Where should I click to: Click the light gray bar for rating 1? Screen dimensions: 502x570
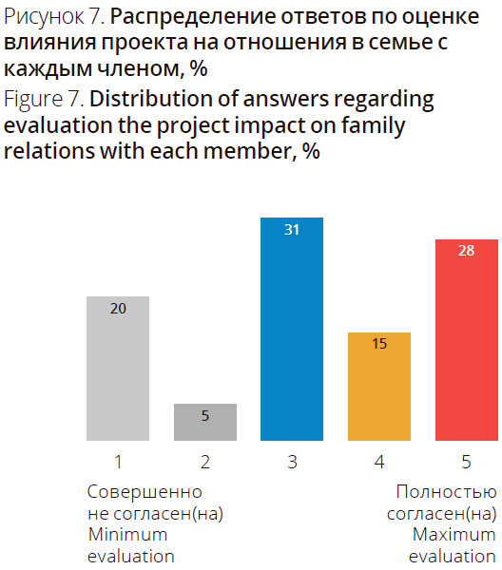118,369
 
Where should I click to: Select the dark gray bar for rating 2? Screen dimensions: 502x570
205,422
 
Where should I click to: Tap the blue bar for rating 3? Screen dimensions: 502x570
292,329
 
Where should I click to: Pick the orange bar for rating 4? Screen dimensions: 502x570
379,387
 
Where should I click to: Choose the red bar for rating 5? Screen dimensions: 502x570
467,340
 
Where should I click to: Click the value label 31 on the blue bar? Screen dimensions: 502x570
292,230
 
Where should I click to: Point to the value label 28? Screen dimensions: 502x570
467,251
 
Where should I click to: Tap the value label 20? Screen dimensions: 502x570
118,308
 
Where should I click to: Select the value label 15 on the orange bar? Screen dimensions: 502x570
379,344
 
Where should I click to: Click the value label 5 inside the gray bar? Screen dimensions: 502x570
205,415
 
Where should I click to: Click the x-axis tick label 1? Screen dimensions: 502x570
118,462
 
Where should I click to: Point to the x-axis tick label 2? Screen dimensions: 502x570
205,462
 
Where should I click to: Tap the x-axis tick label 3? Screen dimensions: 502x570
292,462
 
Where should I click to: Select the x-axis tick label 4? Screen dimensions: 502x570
379,462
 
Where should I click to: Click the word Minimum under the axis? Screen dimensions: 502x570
127,534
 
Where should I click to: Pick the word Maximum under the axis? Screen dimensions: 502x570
454,534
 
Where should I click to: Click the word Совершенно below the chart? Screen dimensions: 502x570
145,492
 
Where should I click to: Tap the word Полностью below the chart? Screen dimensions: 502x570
446,492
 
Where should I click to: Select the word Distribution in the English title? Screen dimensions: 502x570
151,99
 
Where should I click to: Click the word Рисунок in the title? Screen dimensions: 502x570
44,17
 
